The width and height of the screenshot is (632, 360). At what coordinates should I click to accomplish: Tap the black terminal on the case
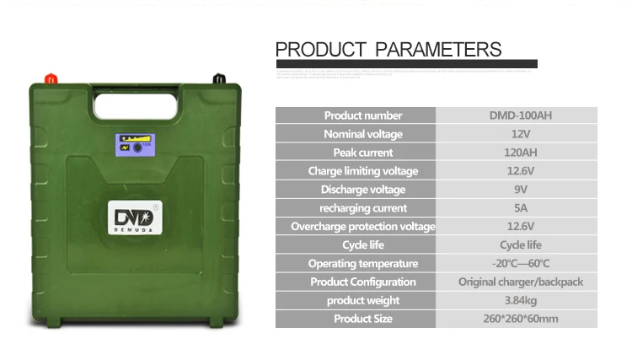[x=217, y=79]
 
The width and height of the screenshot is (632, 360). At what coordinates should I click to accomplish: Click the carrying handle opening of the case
[x=136, y=105]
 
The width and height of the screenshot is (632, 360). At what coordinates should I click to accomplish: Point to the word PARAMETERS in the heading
[x=438, y=49]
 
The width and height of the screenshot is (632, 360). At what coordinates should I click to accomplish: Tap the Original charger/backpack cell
[x=520, y=282]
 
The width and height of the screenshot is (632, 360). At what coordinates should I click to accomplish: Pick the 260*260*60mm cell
[x=520, y=320]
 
